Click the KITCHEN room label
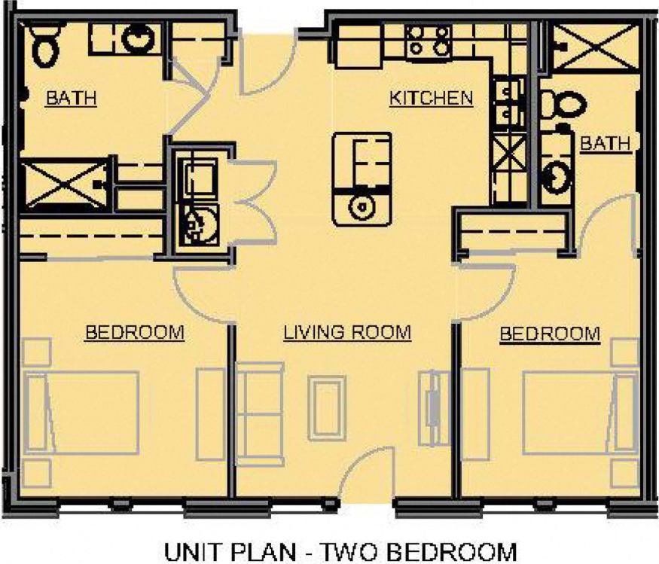431,98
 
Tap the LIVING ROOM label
347,332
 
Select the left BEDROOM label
135,332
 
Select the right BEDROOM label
550,334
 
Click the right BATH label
605,143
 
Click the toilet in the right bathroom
561,105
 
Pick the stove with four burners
428,41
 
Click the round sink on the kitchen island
362,206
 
